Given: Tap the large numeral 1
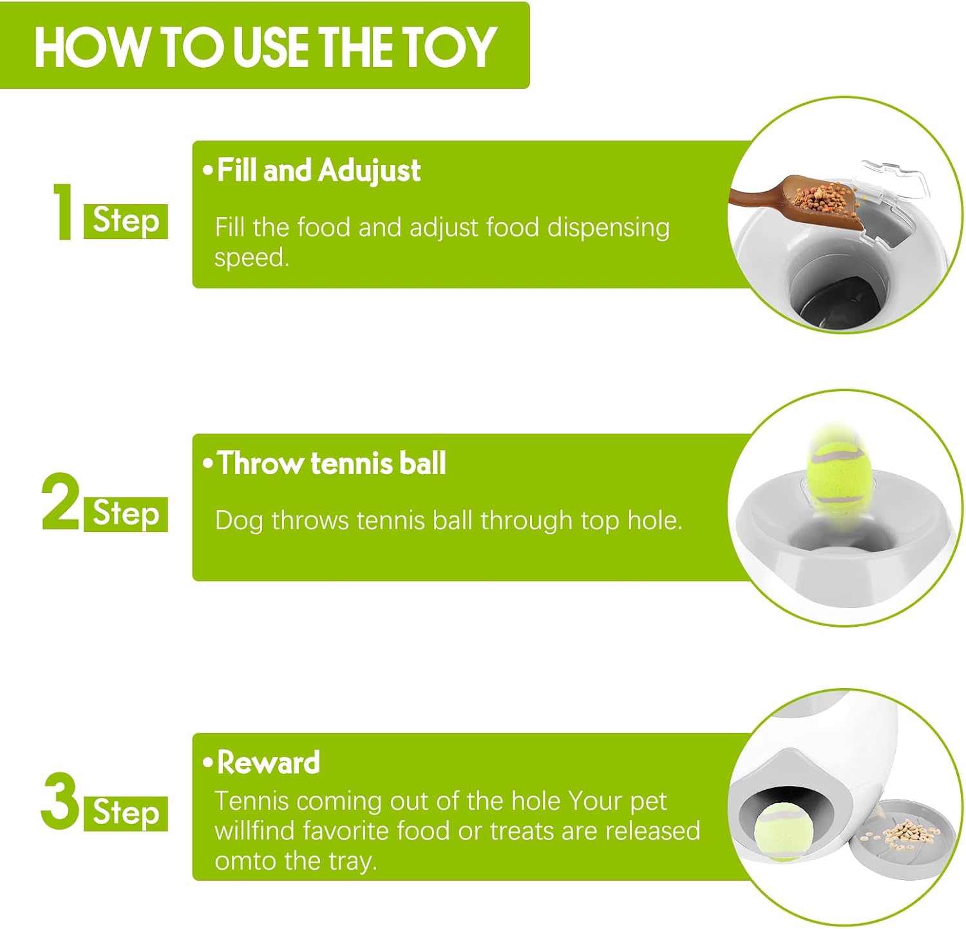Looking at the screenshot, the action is click(62, 212).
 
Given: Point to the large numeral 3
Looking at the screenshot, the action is click(60, 801).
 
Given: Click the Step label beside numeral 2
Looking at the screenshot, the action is click(126, 514).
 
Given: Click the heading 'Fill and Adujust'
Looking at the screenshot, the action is click(319, 171).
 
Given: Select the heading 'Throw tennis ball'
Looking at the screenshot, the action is click(332, 463).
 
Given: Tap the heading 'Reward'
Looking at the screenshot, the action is click(269, 763).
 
